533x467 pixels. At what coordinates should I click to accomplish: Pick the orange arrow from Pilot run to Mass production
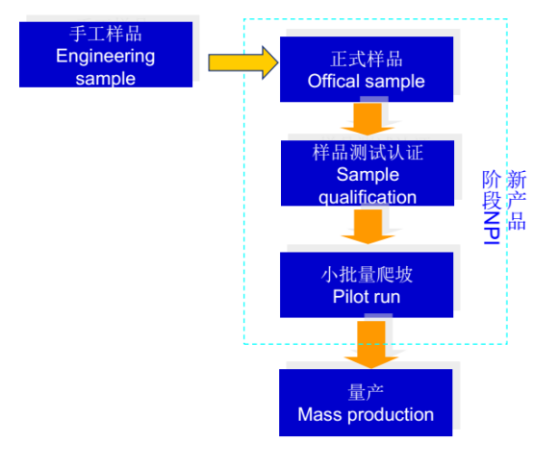coord(367,344)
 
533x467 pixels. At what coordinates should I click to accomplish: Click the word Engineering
coord(105,56)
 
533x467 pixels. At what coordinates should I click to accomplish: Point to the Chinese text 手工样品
coord(106,34)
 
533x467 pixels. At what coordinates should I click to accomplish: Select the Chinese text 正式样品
coord(366,59)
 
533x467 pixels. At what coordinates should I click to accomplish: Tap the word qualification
coord(367,198)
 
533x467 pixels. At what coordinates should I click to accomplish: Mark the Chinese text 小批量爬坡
coord(367,275)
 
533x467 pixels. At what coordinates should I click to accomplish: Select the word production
coord(389,415)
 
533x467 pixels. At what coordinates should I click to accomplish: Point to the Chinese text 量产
coord(367,392)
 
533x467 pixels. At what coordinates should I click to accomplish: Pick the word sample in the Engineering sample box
coord(106,78)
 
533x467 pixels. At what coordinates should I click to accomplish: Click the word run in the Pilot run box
coord(388,297)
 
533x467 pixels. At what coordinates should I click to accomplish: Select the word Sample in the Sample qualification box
coord(367,176)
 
